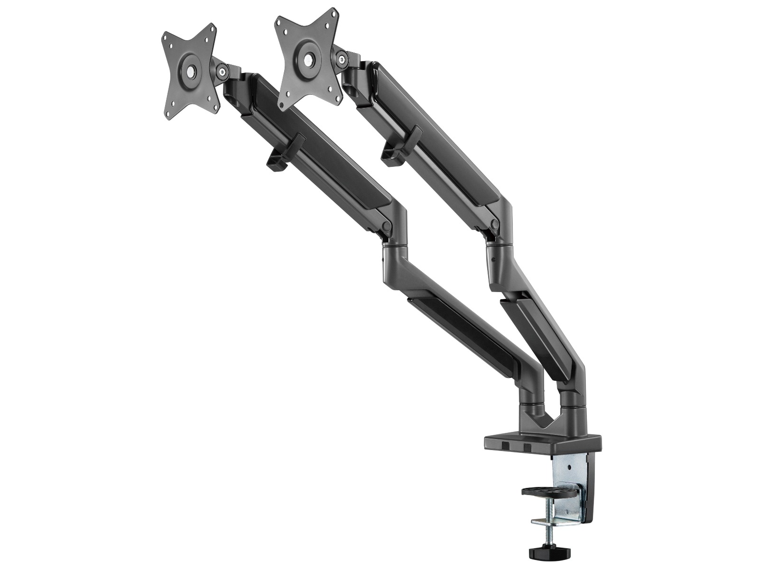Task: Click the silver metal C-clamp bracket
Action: click(x=569, y=479)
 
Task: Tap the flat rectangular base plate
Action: click(x=541, y=444)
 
